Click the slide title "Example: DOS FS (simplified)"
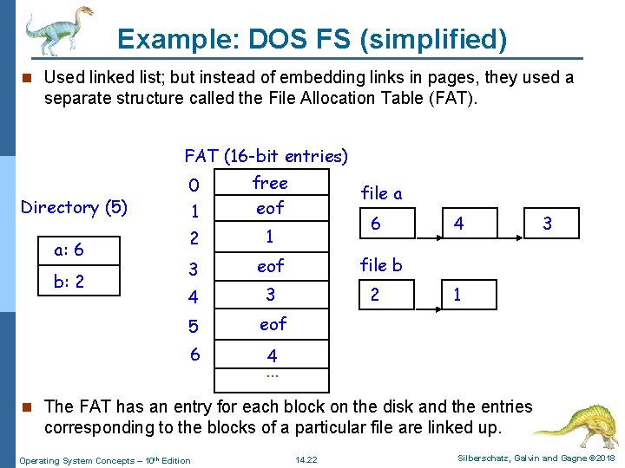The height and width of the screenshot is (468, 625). pos(312,39)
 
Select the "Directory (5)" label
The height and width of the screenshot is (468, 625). pos(74,207)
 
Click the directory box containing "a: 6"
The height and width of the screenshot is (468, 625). pos(81,250)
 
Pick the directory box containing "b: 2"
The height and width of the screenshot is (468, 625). pos(81,282)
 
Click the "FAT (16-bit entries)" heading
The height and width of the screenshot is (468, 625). pos(266,156)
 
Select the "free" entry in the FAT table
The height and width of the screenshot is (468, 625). pos(270,183)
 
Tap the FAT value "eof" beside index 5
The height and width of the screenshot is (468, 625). pos(273,324)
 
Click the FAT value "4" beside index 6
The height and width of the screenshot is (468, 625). pos(272,355)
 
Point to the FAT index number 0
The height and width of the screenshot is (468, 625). pos(194,185)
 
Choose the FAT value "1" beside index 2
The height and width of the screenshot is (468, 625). pos(270,237)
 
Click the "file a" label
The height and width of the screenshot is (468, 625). pos(381,193)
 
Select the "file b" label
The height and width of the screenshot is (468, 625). pos(381,265)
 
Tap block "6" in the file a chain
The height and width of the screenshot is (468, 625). pos(375,224)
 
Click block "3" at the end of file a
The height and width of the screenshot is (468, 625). pos(547,224)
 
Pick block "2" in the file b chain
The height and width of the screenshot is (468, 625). pos(375,295)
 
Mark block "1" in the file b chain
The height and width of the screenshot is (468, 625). pos(457,295)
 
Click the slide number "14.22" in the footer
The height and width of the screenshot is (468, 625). pos(306,459)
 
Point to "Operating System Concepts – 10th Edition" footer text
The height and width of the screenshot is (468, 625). pos(105,459)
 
